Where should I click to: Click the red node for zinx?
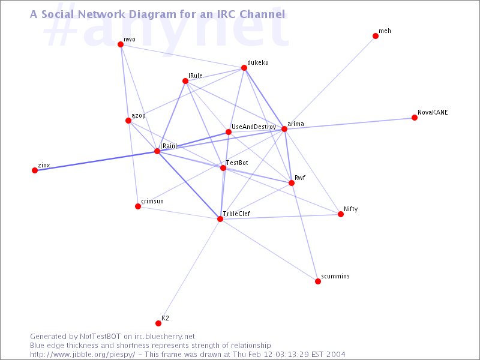(x=35, y=170)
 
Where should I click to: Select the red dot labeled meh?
(x=376, y=36)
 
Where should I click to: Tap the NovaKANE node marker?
(x=415, y=118)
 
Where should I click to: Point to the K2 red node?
(x=158, y=323)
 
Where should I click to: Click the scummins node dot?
(x=318, y=281)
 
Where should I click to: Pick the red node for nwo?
(x=121, y=44)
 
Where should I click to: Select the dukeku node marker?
(x=244, y=68)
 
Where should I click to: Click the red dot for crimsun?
(x=138, y=206)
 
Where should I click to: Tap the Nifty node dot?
(x=341, y=214)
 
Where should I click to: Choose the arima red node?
(x=284, y=129)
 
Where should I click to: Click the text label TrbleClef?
(x=236, y=214)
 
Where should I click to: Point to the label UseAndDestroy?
(x=254, y=127)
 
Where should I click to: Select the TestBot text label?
(x=237, y=163)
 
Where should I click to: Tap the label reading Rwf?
(x=299, y=178)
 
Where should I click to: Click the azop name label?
(x=139, y=116)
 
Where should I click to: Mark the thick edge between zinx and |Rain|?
(x=96, y=161)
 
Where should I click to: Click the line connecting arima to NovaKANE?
(x=349, y=124)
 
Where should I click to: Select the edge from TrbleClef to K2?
(x=189, y=271)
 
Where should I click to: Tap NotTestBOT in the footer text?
(x=100, y=337)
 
